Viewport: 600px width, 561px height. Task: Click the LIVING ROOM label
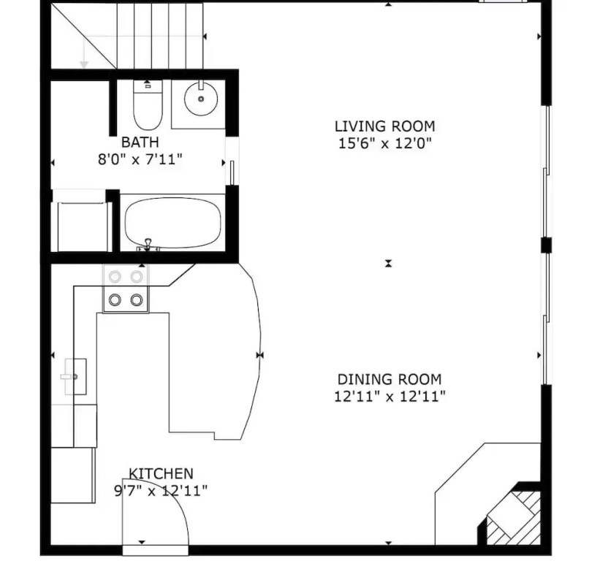[385, 126]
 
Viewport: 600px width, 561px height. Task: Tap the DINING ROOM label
[390, 379]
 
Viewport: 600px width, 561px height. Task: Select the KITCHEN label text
[161, 474]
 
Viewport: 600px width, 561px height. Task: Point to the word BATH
[140, 142]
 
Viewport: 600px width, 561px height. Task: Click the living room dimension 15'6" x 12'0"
[385, 143]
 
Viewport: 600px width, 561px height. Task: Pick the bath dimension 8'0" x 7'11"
[140, 159]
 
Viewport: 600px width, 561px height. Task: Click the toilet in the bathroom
[148, 104]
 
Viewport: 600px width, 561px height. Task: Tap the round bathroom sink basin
[201, 99]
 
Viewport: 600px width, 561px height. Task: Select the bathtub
[173, 223]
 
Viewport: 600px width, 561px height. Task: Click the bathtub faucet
[148, 245]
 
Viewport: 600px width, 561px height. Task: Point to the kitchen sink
[75, 377]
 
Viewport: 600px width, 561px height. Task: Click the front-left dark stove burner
[115, 299]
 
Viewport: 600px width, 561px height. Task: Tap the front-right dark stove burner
[137, 299]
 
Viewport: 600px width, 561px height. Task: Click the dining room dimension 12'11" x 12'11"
[390, 397]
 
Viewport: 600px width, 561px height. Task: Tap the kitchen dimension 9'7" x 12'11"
[161, 490]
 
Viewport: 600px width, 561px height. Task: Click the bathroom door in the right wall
[232, 172]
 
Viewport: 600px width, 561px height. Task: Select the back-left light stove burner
[115, 276]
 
